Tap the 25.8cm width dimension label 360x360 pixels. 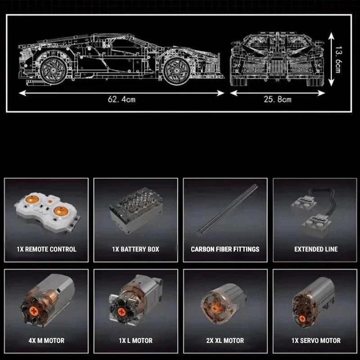tap(277, 99)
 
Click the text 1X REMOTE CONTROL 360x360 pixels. tap(46, 249)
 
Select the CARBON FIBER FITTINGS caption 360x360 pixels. tap(225, 249)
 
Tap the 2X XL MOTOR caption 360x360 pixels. tap(225, 341)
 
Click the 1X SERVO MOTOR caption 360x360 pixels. tap(316, 341)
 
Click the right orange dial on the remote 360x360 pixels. tap(61, 210)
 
